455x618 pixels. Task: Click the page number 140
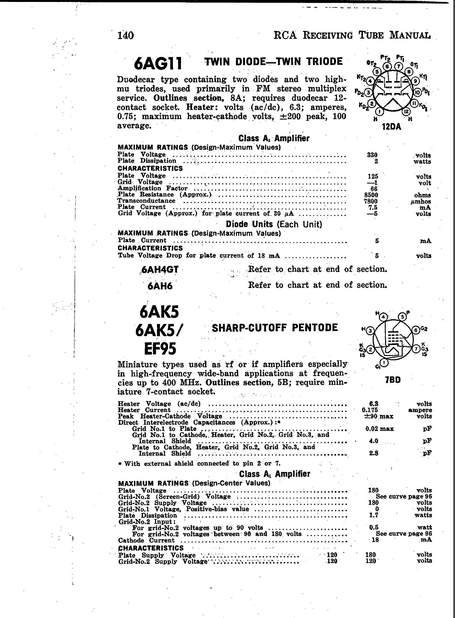125,35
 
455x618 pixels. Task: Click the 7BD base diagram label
393,380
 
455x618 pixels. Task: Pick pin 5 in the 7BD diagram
403,316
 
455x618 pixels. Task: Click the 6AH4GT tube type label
160,270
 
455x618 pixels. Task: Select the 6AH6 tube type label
160,286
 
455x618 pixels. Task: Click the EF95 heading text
160,349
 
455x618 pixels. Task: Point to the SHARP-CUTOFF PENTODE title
275,327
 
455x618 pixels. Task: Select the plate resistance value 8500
372,195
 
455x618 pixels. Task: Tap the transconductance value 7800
372,201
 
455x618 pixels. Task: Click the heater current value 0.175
370,410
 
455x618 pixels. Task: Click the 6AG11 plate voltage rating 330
372,155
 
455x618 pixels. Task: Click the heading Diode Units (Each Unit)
274,225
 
